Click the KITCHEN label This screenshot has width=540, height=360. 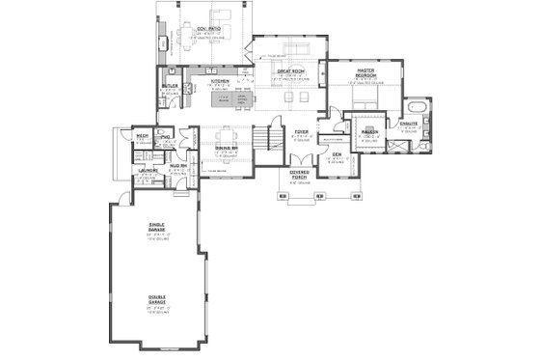click(220, 81)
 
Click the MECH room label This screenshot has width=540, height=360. click(141, 136)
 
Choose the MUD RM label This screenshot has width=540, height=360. click(178, 166)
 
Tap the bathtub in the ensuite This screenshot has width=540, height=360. click(418, 107)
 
